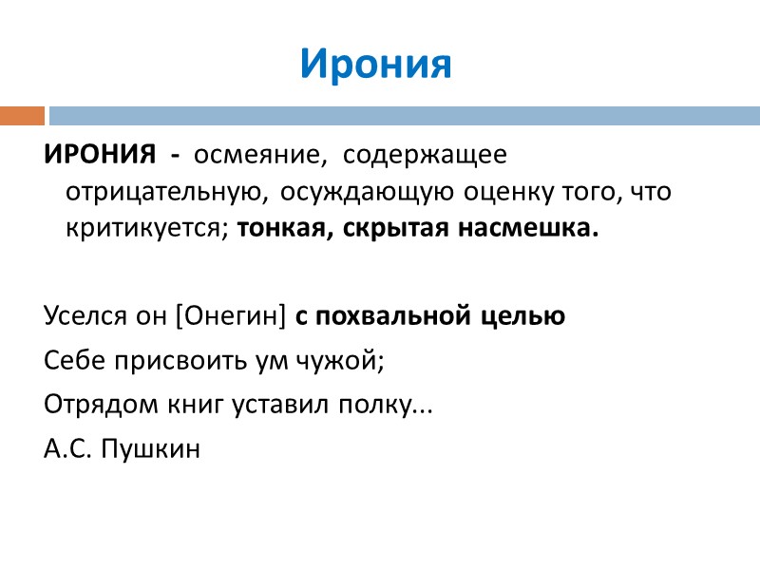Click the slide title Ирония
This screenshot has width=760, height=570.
point(376,64)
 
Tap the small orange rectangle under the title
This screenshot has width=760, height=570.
point(22,116)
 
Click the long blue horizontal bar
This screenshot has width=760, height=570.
point(404,116)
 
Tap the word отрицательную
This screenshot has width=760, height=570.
point(161,192)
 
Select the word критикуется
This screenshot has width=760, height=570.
point(147,230)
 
